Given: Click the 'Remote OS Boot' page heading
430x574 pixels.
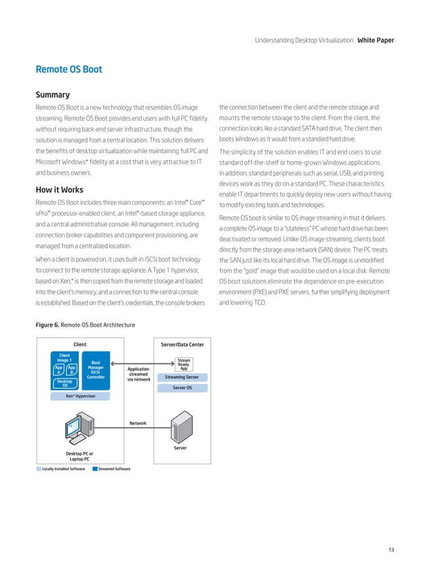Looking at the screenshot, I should tap(69, 69).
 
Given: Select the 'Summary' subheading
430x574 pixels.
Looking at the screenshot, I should tap(53, 94).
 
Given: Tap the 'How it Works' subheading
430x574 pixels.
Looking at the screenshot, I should tap(59, 171).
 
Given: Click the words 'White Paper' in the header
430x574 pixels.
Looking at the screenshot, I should tap(375, 40).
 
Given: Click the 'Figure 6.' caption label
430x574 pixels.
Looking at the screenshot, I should tap(47, 325).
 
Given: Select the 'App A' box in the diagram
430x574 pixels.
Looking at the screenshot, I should tap(59, 371).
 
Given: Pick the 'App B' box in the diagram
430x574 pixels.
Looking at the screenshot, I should tap(71, 371).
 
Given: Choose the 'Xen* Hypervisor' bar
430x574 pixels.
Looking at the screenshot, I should tap(80, 396).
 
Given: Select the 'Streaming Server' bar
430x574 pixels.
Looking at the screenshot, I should tap(182, 378).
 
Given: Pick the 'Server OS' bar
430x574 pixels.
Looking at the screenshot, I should tap(182, 388).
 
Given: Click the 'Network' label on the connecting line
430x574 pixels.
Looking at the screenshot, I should tap(138, 424).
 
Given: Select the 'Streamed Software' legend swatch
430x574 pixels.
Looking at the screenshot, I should tap(94, 468).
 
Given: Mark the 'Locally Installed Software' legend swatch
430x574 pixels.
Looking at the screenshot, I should tap(38, 468).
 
